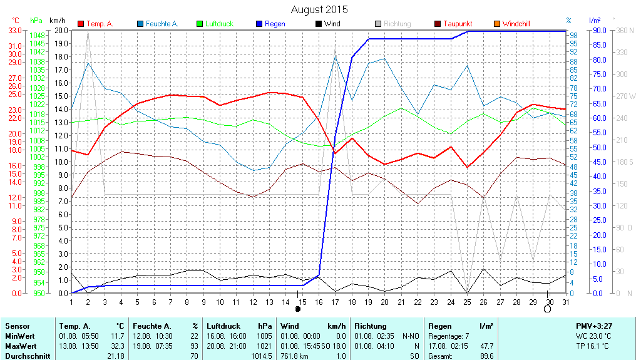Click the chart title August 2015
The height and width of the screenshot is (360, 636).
(x=319, y=9)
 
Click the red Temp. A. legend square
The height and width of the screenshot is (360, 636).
(x=81, y=24)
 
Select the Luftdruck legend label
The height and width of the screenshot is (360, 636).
(x=219, y=24)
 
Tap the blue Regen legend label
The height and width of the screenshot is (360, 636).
(x=275, y=24)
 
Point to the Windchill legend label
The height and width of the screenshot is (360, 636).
(x=516, y=24)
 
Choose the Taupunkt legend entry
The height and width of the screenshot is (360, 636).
(x=458, y=24)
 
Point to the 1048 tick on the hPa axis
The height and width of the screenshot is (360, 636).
(x=38, y=36)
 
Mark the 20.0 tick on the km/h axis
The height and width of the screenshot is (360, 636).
(x=61, y=30)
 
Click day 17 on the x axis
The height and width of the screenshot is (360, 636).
(x=335, y=302)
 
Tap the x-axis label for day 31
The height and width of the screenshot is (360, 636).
(x=565, y=302)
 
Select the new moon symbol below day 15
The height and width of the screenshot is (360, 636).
(x=297, y=309)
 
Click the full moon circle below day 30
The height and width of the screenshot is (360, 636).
(x=548, y=309)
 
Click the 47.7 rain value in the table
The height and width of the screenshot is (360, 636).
(x=486, y=346)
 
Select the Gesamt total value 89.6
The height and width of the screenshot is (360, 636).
(x=486, y=356)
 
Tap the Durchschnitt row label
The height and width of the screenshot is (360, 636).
(x=27, y=356)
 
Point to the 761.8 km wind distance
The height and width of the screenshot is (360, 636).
(x=296, y=356)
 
